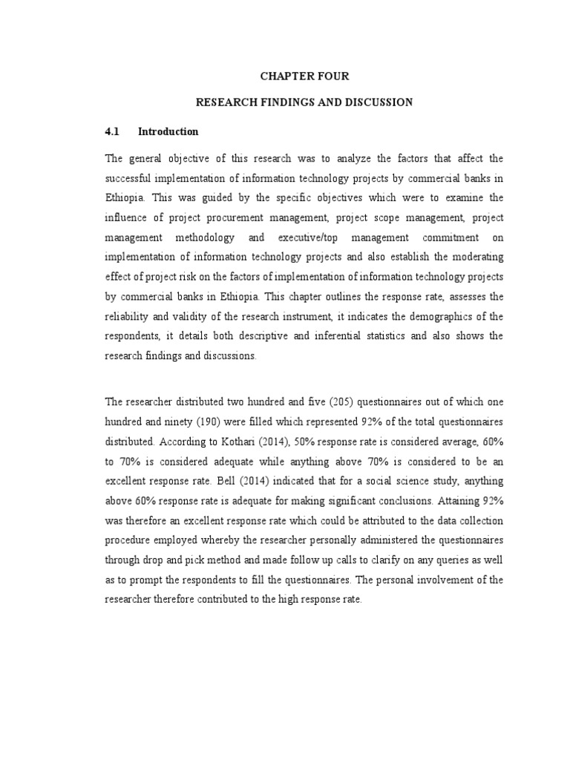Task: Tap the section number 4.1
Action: coord(112,131)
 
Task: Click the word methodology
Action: coord(205,237)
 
